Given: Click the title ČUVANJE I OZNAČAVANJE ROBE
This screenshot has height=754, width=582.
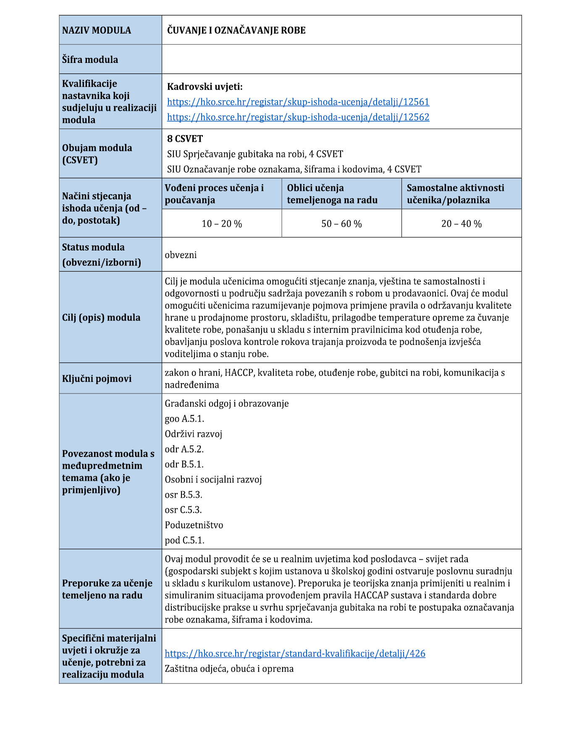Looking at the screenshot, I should tap(236, 30).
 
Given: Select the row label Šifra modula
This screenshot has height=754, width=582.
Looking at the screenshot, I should tap(90, 60).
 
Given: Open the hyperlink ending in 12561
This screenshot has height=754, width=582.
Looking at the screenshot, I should tap(298, 102).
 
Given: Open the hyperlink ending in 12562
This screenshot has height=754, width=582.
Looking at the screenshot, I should tap(298, 117).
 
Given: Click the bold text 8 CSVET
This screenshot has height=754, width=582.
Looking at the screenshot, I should tap(185, 139).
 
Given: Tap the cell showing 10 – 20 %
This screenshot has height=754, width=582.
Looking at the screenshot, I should tap(222, 224).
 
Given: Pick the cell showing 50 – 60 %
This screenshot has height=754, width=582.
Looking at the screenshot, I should tap(341, 224).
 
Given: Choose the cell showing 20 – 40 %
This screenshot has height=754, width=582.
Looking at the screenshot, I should tap(461, 224).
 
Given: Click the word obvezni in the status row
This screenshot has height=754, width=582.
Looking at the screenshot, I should tap(181, 255).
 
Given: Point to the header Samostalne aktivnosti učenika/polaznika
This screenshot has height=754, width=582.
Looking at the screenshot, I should tap(455, 194).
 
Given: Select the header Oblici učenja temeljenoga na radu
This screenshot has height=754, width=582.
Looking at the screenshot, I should tap(332, 194).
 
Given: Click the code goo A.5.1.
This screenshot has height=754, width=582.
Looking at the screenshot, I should tap(184, 419).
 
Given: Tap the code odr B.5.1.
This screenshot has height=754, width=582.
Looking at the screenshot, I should tap(184, 464).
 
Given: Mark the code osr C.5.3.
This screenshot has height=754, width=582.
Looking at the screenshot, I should tap(183, 510).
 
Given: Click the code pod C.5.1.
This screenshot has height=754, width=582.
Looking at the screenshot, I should tap(184, 540).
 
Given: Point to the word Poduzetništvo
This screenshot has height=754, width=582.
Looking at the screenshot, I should tap(194, 525).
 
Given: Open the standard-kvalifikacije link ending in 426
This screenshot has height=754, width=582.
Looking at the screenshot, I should tap(295, 653).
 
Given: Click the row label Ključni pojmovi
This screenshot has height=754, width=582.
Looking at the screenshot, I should tap(97, 379).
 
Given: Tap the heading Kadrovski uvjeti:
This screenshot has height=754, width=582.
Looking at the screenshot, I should tap(204, 87).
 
